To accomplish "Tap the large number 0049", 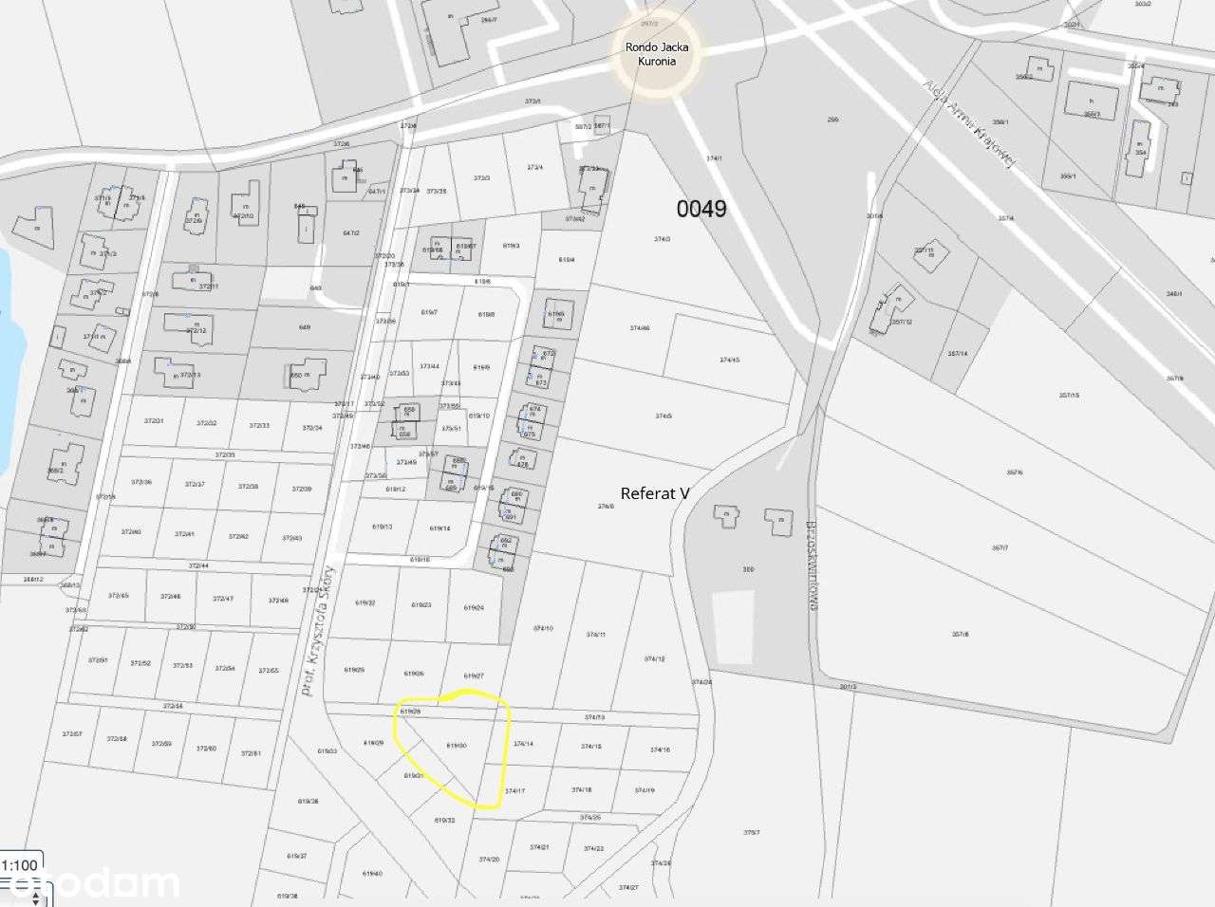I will pyautogui.click(x=701, y=209).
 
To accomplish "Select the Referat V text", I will pyautogui.click(x=654, y=493).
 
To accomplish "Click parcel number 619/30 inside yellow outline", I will pyautogui.click(x=456, y=746).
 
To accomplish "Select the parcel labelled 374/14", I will pyautogui.click(x=523, y=745).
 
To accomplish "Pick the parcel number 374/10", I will pyautogui.click(x=542, y=629).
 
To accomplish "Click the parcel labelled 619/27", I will pyautogui.click(x=474, y=676).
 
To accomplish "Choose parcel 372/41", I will pyautogui.click(x=185, y=534).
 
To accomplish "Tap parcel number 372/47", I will pyautogui.click(x=223, y=599).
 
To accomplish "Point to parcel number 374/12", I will pyautogui.click(x=654, y=658).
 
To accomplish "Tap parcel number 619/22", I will pyautogui.click(x=365, y=603).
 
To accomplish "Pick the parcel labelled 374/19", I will pyautogui.click(x=645, y=790).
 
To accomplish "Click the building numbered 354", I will pyautogui.click(x=1138, y=151).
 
